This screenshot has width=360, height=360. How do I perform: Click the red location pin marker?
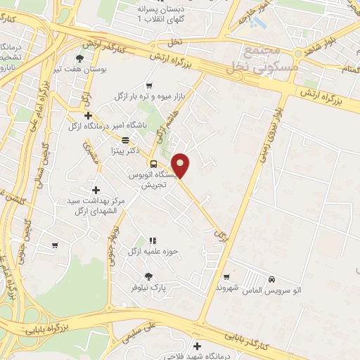[181, 166]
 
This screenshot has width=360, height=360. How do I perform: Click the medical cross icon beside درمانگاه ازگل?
[87, 116]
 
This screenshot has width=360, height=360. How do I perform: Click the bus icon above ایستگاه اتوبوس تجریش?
[143, 164]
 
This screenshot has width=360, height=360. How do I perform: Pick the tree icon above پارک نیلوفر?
[148, 276]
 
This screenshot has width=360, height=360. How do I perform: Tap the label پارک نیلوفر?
[147, 288]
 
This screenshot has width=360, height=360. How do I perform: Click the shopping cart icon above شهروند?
[225, 277]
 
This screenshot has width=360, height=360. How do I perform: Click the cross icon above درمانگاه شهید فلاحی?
[197, 345]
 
